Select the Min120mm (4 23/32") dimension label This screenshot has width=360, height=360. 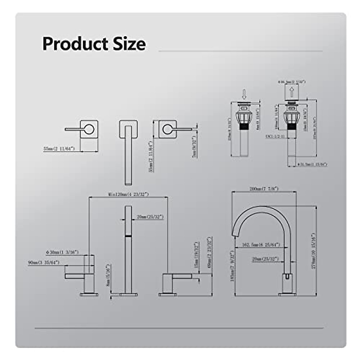(x=128, y=194)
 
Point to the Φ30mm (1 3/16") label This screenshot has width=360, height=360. (x=62, y=253)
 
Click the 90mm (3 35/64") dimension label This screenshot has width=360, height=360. (x=44, y=263)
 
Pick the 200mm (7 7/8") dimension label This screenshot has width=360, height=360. (x=264, y=189)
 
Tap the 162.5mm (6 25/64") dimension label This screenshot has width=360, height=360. (x=257, y=245)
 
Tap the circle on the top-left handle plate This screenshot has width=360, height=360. (x=89, y=129)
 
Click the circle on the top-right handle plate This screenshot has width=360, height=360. (x=167, y=129)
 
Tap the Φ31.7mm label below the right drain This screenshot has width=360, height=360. (x=312, y=164)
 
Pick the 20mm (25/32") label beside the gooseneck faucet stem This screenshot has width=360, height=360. (x=265, y=259)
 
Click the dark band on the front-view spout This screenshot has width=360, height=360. (x=128, y=237)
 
